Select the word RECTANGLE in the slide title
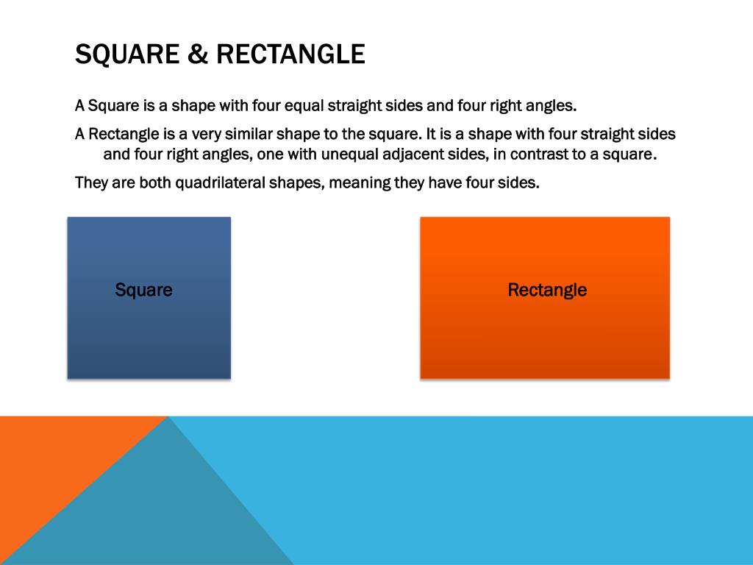tap(290, 54)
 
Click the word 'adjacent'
tap(414, 155)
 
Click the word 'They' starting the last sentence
tap(91, 182)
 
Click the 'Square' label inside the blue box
tap(143, 290)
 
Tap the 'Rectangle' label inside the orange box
tap(547, 290)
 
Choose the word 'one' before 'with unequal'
tap(270, 155)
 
